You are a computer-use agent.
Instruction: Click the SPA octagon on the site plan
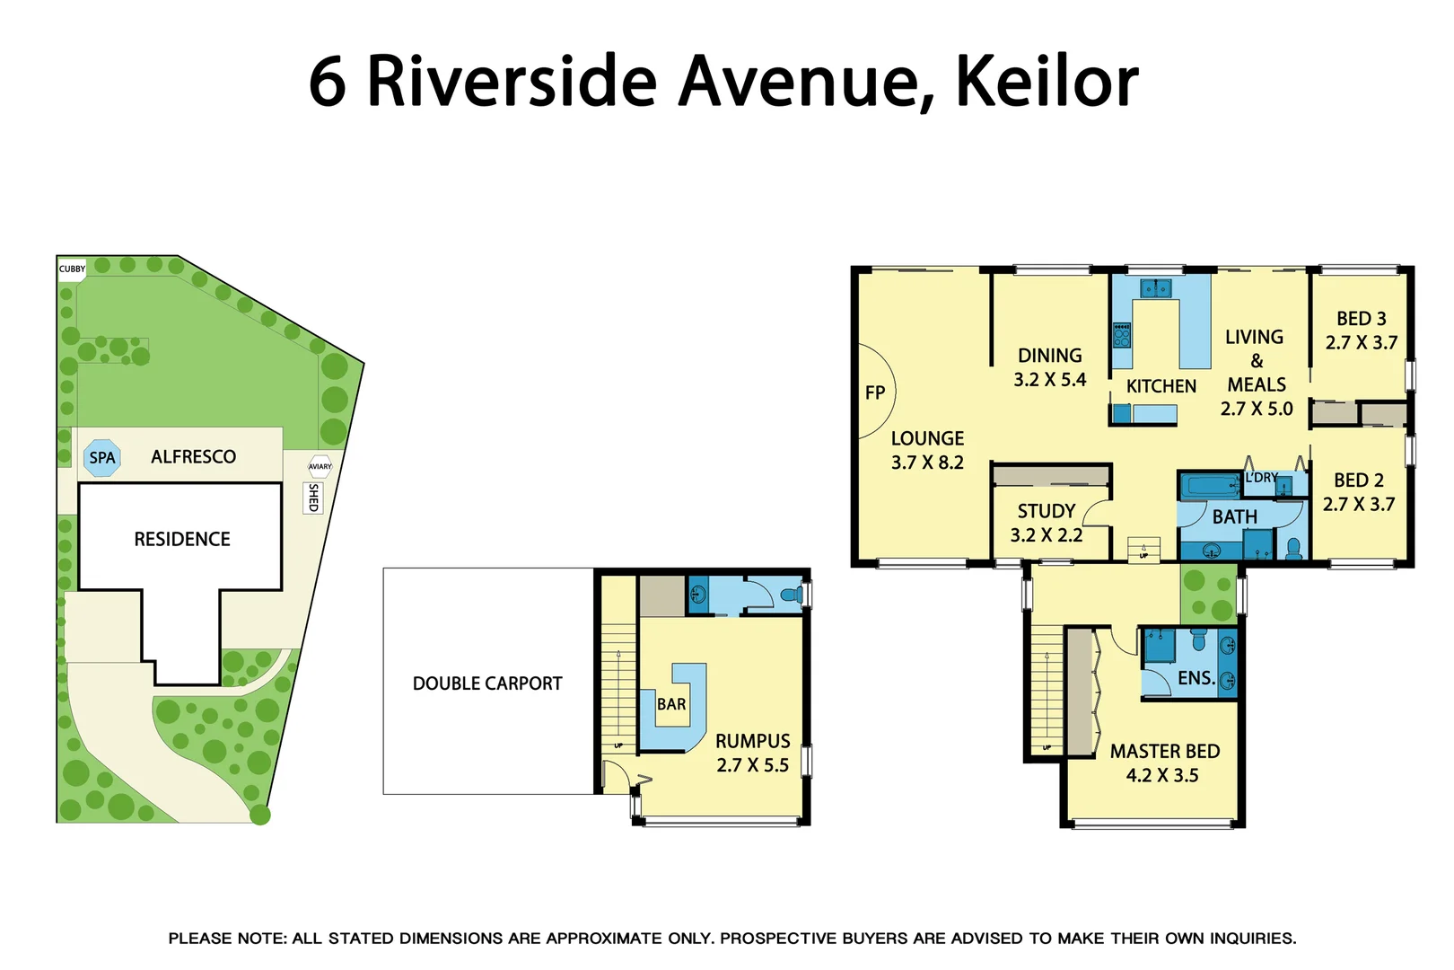102,458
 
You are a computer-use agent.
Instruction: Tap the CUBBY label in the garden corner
72,269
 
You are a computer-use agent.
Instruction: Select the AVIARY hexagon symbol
320,466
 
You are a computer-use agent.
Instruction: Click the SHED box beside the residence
313,498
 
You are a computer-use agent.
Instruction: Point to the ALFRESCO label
193,456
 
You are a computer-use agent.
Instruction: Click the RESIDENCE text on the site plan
182,539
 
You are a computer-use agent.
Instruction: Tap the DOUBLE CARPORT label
487,683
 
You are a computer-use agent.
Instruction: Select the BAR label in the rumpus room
671,704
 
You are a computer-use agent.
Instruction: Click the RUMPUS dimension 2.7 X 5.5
752,765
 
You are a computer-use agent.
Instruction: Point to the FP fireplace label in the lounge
875,392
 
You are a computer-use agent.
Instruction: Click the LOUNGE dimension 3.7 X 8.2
927,463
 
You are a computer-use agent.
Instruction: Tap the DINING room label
1049,356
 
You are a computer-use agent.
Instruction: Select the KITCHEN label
1161,386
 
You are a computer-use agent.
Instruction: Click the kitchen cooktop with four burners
1122,335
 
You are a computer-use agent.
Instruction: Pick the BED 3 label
1361,319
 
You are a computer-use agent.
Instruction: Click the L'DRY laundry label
1261,478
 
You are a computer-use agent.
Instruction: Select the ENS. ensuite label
1196,678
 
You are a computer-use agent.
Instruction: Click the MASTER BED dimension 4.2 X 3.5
1162,775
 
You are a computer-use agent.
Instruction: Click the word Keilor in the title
1047,82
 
